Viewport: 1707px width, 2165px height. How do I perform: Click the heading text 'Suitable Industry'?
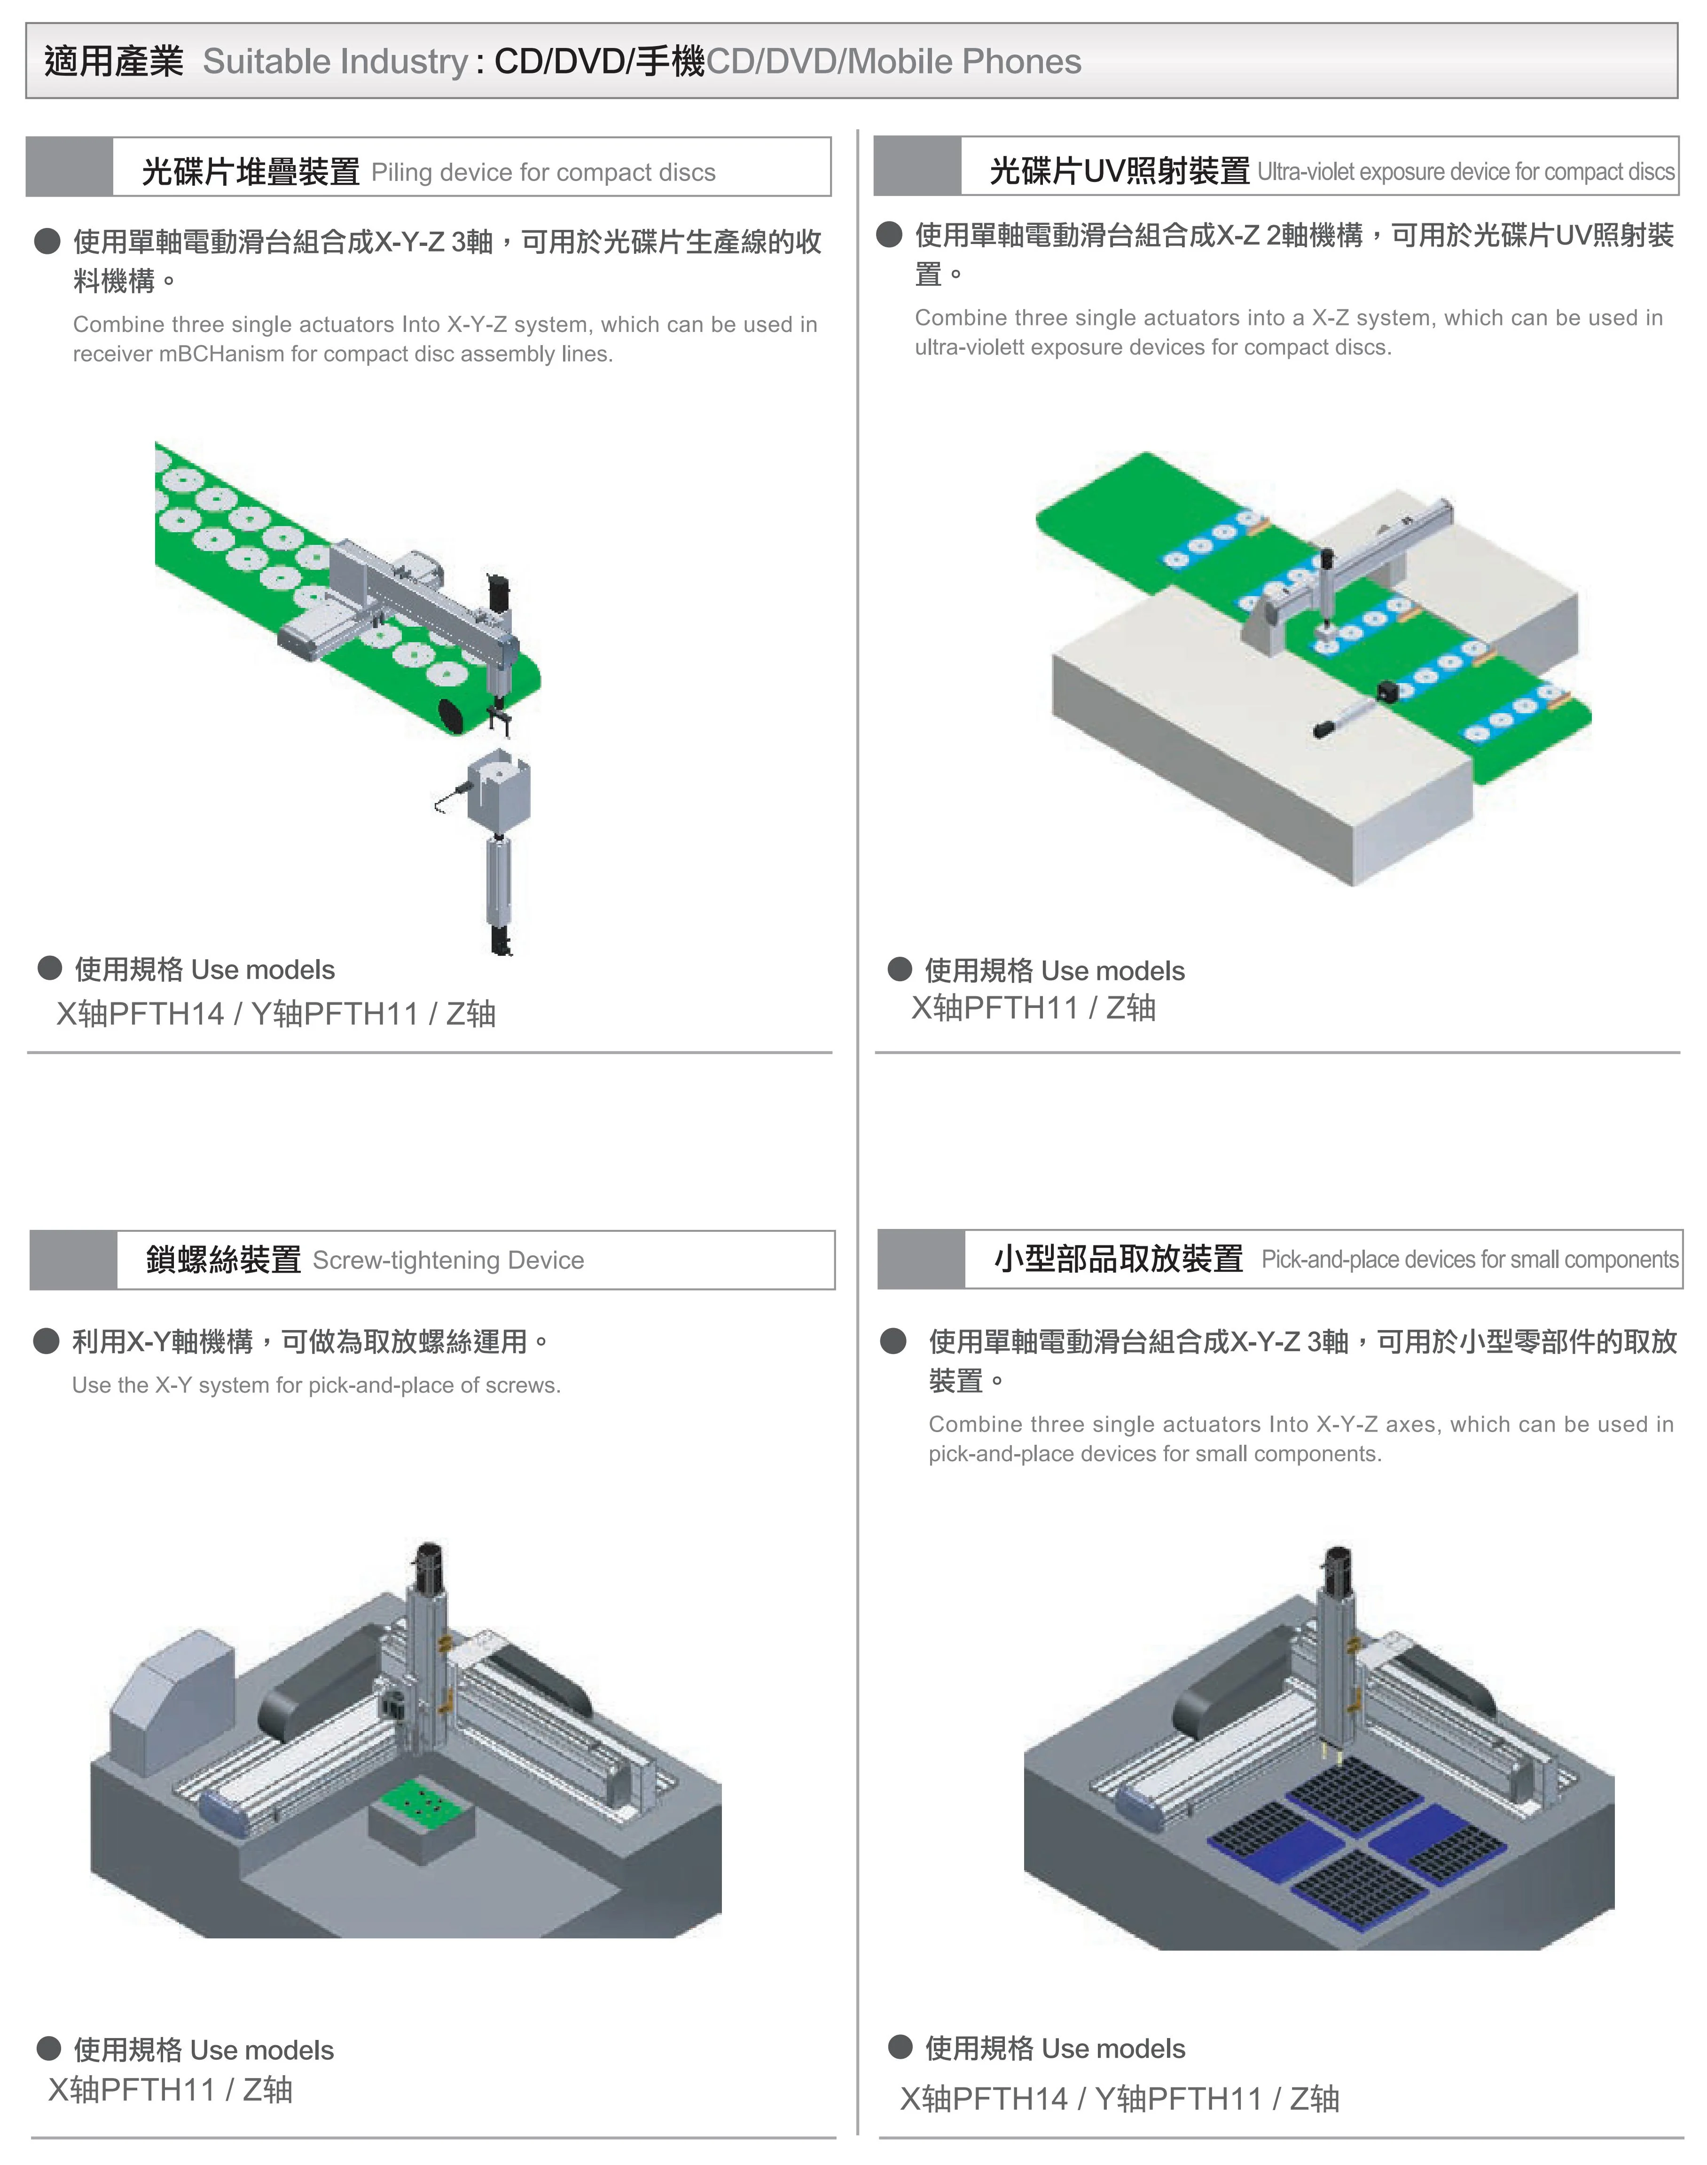pyautogui.click(x=335, y=62)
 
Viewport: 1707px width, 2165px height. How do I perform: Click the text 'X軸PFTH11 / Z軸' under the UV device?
pyautogui.click(x=1034, y=1008)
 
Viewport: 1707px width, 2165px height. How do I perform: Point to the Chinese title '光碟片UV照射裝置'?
pyautogui.click(x=1120, y=172)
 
